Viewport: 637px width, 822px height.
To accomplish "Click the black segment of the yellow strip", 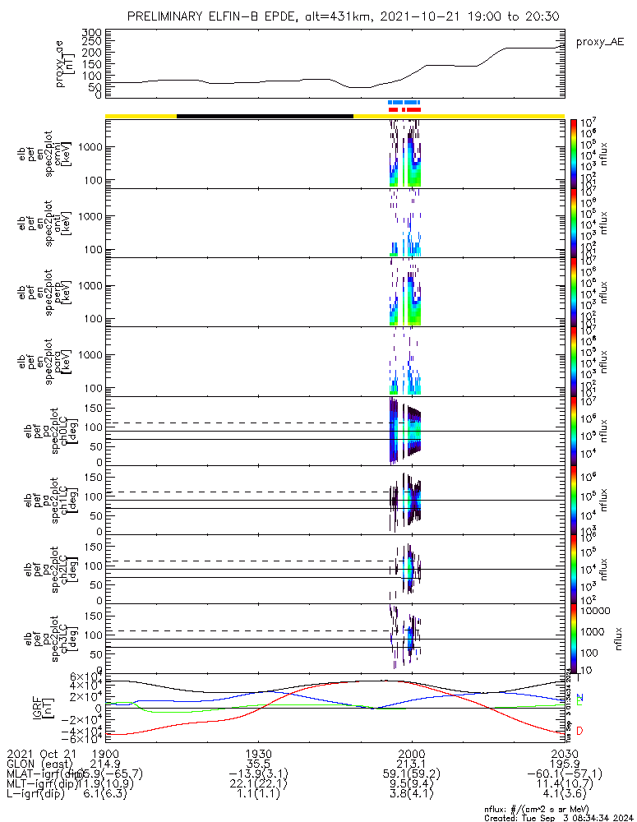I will point(265,116).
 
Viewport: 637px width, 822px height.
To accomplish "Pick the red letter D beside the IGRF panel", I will point(579,731).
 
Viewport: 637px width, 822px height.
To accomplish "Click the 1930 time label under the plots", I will point(259,753).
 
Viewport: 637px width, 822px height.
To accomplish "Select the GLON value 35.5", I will point(259,764).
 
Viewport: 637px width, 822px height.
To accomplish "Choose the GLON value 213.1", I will point(411,764).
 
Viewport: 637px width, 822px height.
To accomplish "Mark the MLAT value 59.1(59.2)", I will point(411,774).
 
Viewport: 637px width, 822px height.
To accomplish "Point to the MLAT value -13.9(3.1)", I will point(259,774).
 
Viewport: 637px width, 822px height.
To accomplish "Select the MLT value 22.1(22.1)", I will point(259,785).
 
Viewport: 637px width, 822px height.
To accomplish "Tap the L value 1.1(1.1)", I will point(259,796).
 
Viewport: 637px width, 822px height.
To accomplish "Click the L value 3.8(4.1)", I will point(411,796).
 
